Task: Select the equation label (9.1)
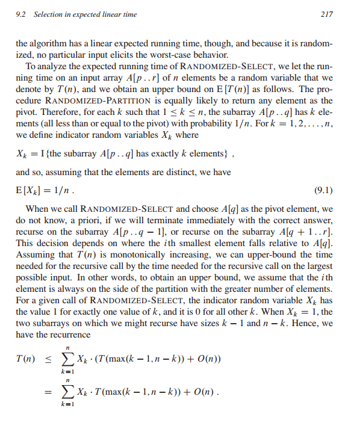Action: tap(324, 191)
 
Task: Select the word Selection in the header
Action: tap(54, 14)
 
